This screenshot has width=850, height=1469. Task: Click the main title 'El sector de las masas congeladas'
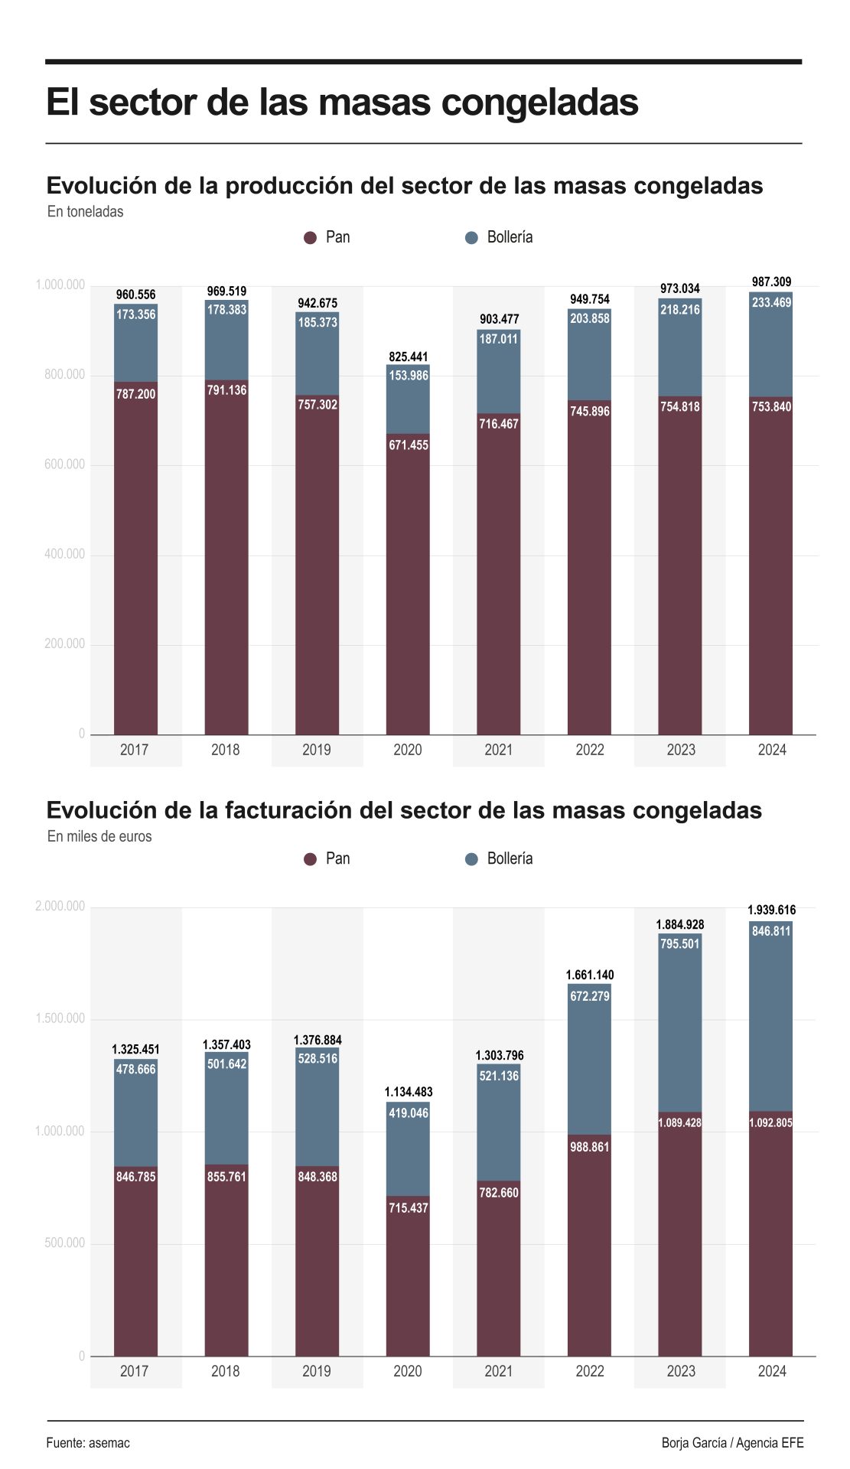point(342,103)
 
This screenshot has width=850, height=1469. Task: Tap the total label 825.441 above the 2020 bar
point(409,357)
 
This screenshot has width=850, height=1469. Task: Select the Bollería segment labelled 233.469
point(771,344)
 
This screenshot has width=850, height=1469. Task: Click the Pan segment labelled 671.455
point(408,581)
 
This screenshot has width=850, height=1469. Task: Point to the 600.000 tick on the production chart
point(64,464)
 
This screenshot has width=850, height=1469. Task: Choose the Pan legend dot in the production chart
point(310,238)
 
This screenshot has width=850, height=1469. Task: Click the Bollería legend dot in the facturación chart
point(471,859)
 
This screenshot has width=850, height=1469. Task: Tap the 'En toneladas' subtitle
point(85,212)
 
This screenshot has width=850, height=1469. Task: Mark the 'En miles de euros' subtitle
point(99,836)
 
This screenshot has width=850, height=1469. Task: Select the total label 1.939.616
point(771,910)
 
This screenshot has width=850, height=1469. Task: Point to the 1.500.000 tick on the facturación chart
point(60,1018)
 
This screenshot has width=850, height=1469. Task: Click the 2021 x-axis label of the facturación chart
point(498,1371)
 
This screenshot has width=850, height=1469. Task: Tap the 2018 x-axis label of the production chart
point(226,750)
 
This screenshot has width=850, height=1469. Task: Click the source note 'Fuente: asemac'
point(88,1443)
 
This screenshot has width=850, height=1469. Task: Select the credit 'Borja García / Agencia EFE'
point(732,1443)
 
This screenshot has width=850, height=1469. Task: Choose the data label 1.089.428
point(680,1122)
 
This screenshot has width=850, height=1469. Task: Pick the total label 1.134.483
point(409,1092)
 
